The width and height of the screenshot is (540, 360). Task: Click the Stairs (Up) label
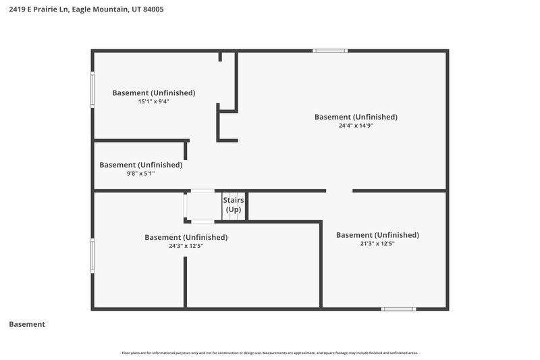pos(234,205)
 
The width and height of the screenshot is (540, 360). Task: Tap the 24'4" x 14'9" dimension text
pos(356,126)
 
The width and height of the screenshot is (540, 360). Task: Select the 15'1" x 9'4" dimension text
pos(153,101)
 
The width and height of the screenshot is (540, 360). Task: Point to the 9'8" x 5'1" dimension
pos(140,173)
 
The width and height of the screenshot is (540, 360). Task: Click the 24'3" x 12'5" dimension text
pos(186,246)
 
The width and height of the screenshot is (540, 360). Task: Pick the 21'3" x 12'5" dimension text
pos(377,244)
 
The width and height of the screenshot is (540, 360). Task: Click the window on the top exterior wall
pos(330,51)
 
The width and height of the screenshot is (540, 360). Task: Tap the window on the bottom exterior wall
pos(398,309)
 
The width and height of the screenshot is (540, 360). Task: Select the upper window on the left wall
pos(92,88)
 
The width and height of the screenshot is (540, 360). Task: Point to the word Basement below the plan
pos(27,324)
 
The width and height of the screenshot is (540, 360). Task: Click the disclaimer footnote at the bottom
pos(270,353)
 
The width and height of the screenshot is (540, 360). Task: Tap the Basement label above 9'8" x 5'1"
pos(140,164)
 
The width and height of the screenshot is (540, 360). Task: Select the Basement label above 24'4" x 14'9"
pos(356,117)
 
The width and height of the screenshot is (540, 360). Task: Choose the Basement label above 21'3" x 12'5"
pos(377,235)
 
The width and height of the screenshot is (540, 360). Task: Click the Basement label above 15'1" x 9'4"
pos(153,93)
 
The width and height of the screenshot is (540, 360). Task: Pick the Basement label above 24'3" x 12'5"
pos(186,237)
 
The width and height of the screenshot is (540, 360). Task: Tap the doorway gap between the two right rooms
pos(340,191)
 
